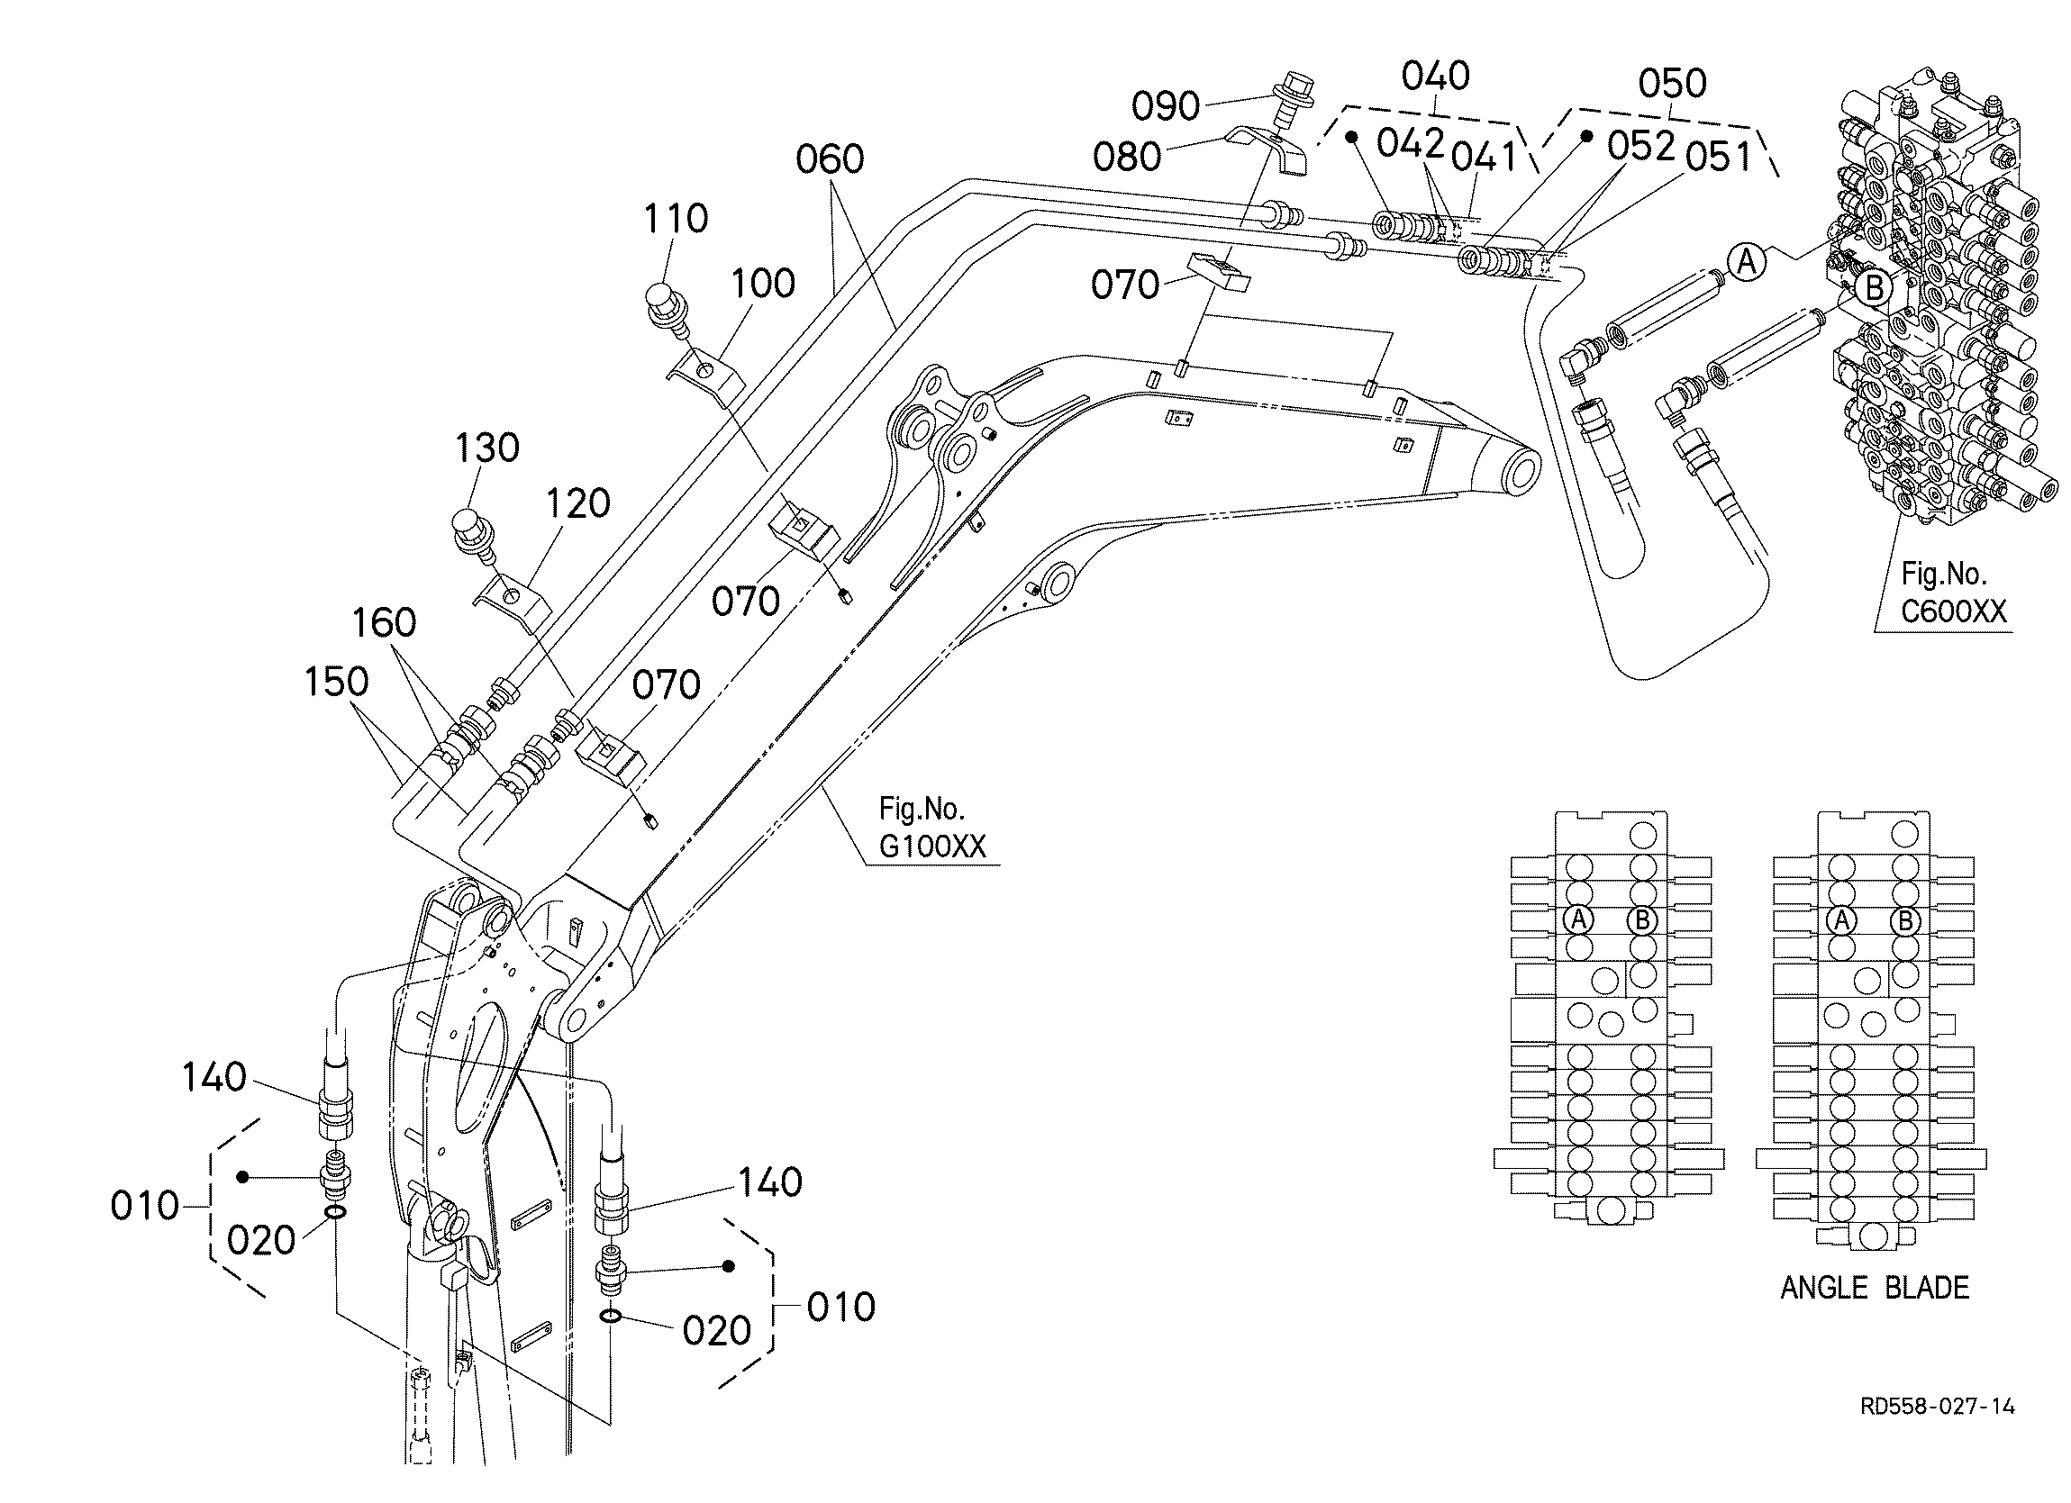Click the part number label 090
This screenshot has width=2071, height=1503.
click(x=1165, y=107)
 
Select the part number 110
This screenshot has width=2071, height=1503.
click(x=676, y=219)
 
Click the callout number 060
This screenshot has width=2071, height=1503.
click(x=829, y=159)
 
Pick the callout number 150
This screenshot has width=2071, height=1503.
click(x=337, y=682)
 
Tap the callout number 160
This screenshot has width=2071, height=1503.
click(x=385, y=623)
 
